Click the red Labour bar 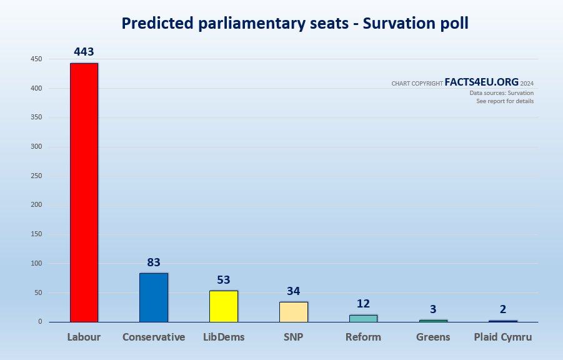[84, 192]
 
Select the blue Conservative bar [154, 297]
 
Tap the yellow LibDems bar [224, 306]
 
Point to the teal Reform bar [363, 318]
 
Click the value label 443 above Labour [84, 52]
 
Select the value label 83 [154, 262]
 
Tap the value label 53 [224, 280]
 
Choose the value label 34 [294, 291]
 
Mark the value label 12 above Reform [363, 304]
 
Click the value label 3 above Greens [433, 309]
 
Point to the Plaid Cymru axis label [503, 337]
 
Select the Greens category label [433, 337]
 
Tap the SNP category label [294, 337]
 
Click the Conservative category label [154, 337]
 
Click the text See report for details [505, 101]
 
